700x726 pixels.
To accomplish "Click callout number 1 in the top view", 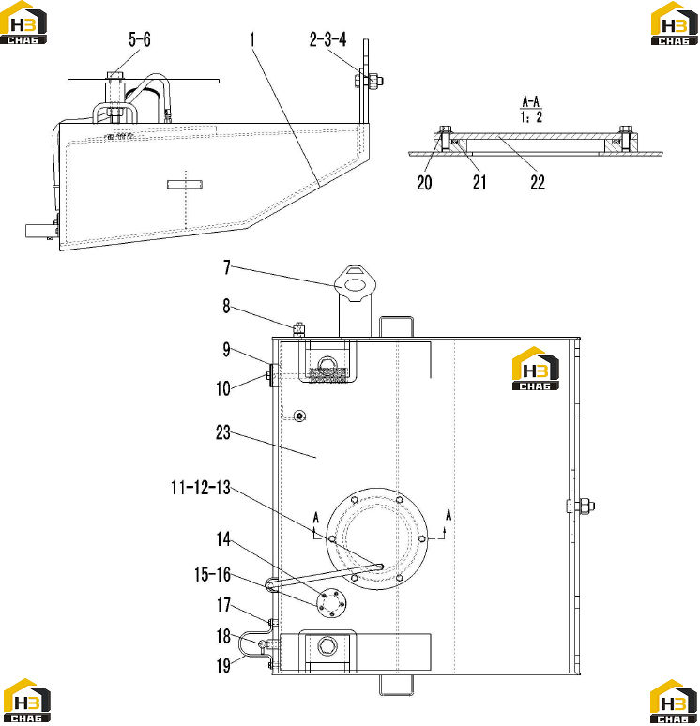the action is click(252, 39).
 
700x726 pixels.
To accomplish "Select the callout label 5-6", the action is click(140, 39).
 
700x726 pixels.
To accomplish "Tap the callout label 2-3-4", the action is click(328, 39).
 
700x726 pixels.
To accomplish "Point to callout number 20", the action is click(424, 182).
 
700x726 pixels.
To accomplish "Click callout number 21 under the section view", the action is click(479, 182).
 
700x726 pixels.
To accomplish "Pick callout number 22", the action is click(538, 182).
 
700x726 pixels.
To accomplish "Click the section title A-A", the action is click(531, 101).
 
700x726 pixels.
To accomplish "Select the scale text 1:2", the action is click(531, 116).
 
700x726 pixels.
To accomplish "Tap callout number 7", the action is click(226, 267).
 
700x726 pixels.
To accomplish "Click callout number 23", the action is click(222, 432).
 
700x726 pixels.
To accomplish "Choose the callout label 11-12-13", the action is click(201, 488).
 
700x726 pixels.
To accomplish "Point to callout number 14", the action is click(223, 539).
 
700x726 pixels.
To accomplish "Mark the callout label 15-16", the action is click(212, 575).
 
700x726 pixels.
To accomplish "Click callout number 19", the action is click(223, 665).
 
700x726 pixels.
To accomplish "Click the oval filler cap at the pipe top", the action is click(356, 283).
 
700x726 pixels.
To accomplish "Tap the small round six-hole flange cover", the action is click(331, 604).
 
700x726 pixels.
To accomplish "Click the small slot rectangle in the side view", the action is click(184, 184).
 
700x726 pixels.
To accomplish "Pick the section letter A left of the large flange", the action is click(316, 517).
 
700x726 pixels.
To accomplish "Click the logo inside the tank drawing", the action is click(535, 368).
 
